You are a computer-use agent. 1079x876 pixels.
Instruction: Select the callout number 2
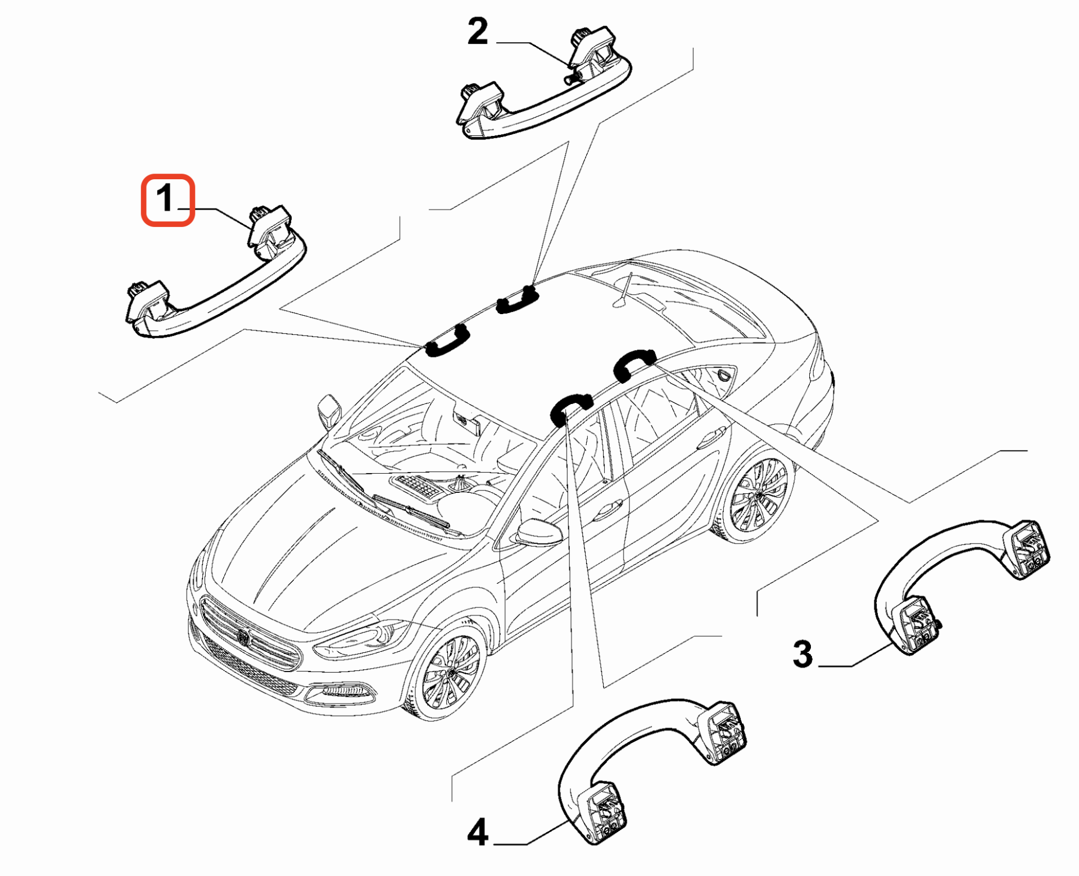click(478, 31)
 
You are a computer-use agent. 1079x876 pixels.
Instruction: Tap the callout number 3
click(803, 654)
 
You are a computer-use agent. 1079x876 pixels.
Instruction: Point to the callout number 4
click(478, 832)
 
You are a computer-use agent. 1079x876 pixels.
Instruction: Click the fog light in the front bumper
click(339, 691)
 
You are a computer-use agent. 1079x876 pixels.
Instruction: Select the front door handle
click(607, 509)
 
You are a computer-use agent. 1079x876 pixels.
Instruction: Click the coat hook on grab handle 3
click(938, 623)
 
